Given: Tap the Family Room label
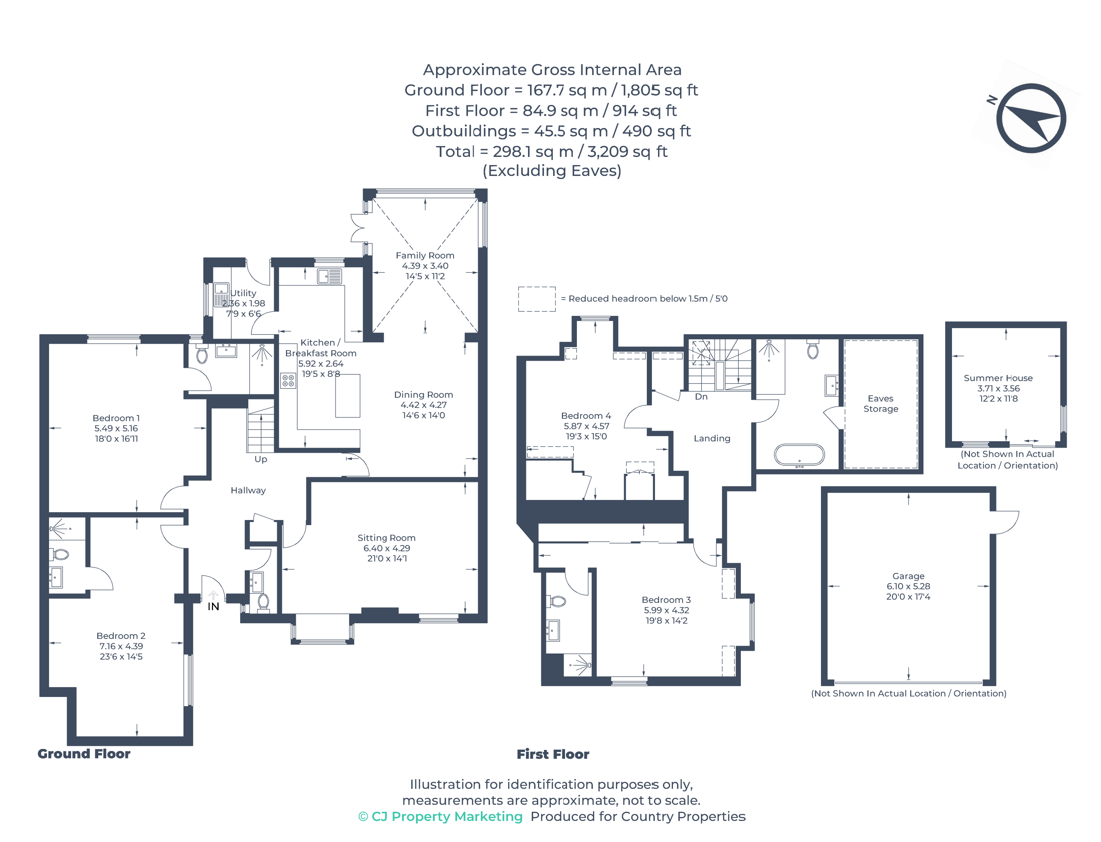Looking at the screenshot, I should coord(425,256).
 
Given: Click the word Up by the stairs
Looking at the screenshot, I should coord(261,459).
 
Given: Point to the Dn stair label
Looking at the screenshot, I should coord(701,396).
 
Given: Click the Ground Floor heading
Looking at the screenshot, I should coord(84,754).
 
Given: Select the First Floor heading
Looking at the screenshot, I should coord(552,754).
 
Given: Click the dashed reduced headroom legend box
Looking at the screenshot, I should coord(536,299).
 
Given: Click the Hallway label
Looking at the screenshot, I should coord(248,490).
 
